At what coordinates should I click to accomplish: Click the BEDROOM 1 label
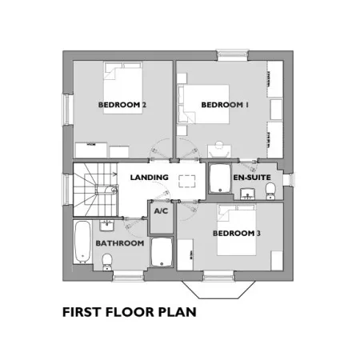[225, 105]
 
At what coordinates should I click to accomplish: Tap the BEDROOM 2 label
[122, 105]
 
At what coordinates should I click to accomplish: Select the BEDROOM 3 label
[237, 234]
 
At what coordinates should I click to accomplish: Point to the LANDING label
[150, 178]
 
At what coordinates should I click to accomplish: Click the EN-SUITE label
[252, 178]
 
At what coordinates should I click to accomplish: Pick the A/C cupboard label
[161, 211]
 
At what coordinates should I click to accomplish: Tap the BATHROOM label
[120, 243]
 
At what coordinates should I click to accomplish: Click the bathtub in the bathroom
[82, 242]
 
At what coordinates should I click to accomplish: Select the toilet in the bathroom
[107, 262]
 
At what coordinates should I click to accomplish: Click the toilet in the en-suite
[270, 191]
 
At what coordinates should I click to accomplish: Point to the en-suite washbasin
[248, 194]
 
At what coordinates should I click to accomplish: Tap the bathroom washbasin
[107, 226]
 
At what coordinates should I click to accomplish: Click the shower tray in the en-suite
[220, 178]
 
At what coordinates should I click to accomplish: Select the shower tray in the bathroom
[162, 252]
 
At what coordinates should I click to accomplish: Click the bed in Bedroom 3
[237, 230]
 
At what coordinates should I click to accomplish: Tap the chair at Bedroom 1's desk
[219, 150]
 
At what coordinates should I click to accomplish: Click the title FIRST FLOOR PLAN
[130, 312]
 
